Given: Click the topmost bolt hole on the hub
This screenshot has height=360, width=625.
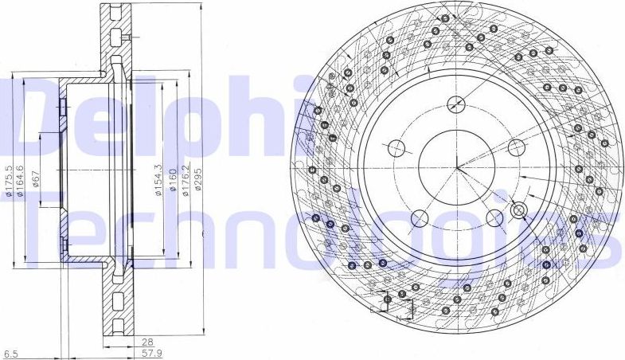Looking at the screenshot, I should coord(456,102).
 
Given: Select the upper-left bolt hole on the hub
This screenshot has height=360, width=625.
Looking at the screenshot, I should coord(395,147).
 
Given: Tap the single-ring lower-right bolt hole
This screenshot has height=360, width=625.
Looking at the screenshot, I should coord(494,217).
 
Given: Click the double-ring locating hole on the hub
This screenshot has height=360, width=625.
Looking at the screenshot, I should coord(518,210).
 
